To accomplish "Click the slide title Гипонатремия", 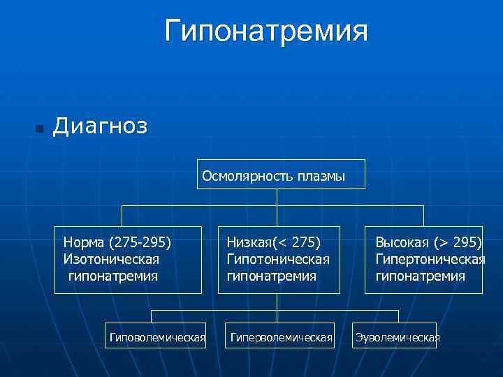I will [266, 31].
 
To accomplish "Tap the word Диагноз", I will [100, 126].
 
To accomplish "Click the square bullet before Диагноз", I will [39, 129].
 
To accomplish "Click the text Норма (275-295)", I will [117, 243].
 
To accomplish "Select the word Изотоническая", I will [111, 259].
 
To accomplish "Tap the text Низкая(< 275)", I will [273, 243].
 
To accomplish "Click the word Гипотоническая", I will [278, 259].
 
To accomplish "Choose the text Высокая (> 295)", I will [428, 243].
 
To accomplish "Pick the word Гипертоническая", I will [430, 259].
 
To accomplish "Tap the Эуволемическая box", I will [397, 338].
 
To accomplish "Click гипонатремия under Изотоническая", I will [112, 276].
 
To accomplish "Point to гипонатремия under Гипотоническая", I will [271, 276].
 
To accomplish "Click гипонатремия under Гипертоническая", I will [420, 276].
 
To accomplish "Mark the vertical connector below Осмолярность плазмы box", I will [277, 198].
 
